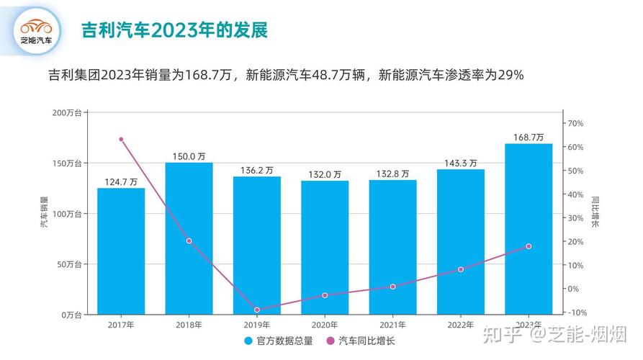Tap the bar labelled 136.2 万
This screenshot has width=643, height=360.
(x=257, y=245)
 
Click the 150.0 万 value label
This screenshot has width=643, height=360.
(x=189, y=156)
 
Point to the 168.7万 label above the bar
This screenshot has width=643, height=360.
(x=529, y=137)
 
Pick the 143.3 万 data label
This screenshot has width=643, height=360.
(x=460, y=163)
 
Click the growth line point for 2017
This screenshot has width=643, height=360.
(x=121, y=139)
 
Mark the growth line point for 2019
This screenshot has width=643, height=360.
(x=257, y=310)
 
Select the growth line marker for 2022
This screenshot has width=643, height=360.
(x=461, y=269)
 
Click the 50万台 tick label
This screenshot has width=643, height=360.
(x=69, y=264)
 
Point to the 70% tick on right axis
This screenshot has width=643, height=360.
(x=575, y=124)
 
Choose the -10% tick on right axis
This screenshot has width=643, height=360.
(x=577, y=312)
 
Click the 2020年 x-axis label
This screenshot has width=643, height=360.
(x=325, y=325)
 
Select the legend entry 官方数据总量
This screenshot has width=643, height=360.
(x=279, y=341)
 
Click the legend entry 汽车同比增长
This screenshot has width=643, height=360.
(x=361, y=341)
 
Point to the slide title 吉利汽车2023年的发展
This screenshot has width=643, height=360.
(x=174, y=30)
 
